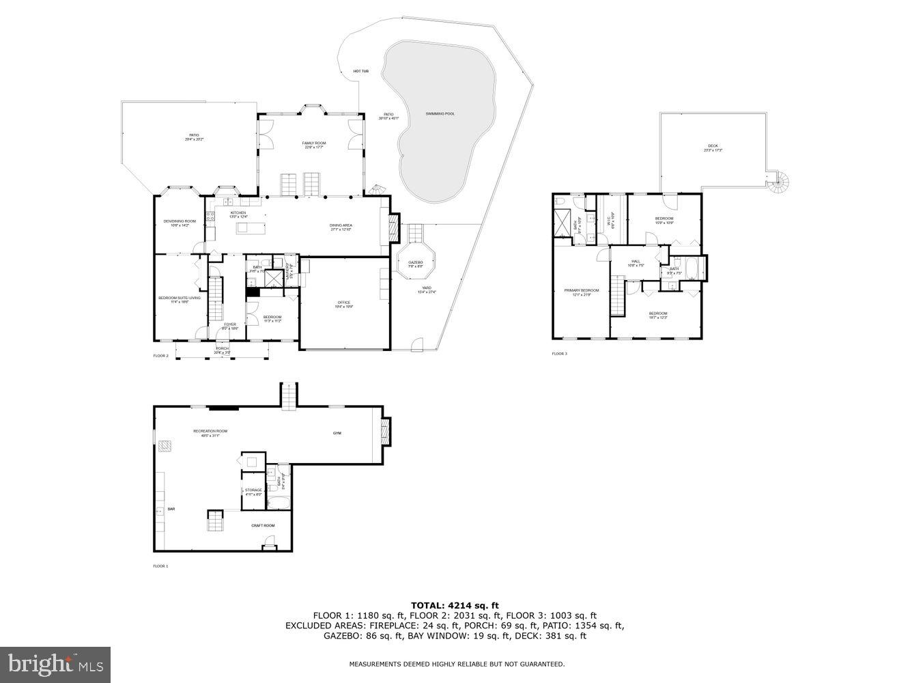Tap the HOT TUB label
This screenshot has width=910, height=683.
point(361,71)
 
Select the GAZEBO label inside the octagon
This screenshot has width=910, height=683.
point(416,262)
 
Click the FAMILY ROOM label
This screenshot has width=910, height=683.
point(315,143)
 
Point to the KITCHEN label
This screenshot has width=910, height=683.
point(238,213)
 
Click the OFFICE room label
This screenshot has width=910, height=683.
point(343,303)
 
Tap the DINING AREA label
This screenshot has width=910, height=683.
point(341,225)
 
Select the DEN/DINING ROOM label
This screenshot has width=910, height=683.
point(180,221)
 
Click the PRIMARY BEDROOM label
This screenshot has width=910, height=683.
point(582,290)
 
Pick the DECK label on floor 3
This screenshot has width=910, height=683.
point(713,146)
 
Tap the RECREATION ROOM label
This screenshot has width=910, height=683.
point(210,431)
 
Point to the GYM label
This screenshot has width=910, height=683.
point(337,433)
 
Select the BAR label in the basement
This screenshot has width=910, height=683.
point(171,510)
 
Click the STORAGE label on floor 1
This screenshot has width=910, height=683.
point(253,490)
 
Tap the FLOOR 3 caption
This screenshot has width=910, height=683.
point(559,354)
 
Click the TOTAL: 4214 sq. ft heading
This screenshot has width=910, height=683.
point(455,605)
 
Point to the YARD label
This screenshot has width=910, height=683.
point(427,288)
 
